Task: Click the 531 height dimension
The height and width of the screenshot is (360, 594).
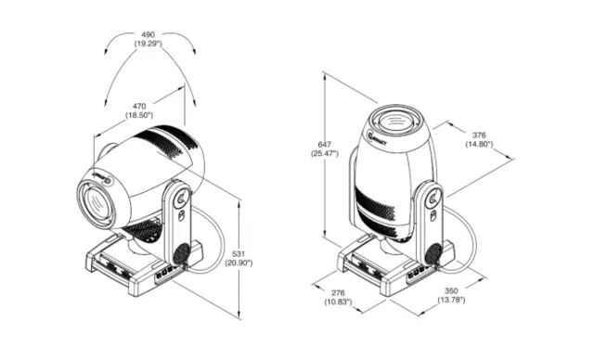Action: [x=239, y=251]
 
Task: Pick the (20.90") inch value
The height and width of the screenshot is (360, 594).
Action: [x=239, y=263]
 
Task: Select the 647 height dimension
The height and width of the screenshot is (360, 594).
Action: [x=324, y=144]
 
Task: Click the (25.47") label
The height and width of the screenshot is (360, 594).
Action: [x=324, y=154]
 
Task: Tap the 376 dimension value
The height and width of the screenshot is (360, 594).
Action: [x=479, y=134]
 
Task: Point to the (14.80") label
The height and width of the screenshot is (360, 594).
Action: [x=479, y=145]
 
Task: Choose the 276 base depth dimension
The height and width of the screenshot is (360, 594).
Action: [x=337, y=292]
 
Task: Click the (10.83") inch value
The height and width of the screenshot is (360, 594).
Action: [x=337, y=303]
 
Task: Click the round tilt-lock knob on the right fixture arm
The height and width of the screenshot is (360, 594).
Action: [x=432, y=197]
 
